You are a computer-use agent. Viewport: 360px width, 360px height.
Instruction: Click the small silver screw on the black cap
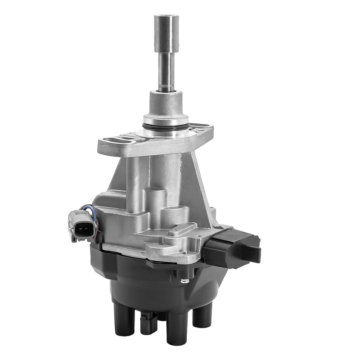click(x=184, y=282)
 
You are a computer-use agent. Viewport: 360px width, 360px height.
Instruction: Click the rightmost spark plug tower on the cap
click(x=200, y=315)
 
